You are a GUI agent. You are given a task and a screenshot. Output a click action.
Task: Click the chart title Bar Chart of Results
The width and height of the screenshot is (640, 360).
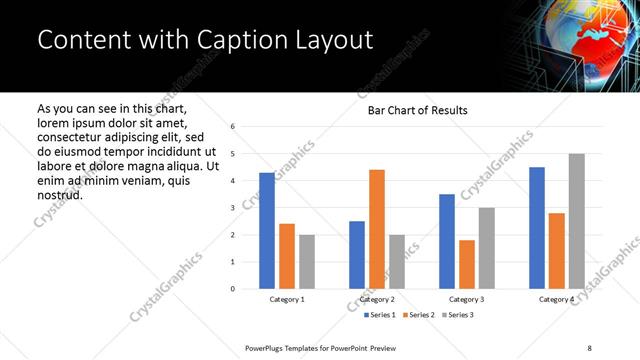(412, 110)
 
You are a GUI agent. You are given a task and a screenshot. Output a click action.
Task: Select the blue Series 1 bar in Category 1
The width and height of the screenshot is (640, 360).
(267, 231)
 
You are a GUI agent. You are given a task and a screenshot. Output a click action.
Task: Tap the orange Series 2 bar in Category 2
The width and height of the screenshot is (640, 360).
(376, 229)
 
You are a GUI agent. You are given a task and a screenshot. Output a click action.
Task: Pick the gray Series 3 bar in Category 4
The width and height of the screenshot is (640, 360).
(576, 221)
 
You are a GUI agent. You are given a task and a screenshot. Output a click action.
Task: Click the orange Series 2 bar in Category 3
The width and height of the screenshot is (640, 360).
(466, 264)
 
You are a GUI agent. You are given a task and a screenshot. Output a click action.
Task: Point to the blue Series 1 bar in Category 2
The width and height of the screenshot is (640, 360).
(357, 255)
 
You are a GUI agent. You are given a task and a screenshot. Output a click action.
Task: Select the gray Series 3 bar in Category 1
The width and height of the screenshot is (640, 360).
(306, 262)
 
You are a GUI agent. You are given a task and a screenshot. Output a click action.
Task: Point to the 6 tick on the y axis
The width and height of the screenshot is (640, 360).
(232, 127)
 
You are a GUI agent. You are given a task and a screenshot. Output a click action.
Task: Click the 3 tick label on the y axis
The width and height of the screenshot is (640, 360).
(232, 208)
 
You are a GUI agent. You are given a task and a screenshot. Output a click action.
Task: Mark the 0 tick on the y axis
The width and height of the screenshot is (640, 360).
(232, 289)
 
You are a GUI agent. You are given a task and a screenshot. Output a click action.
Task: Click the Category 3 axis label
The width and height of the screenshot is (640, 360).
(466, 300)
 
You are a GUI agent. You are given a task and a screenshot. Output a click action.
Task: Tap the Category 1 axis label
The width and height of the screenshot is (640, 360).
(287, 300)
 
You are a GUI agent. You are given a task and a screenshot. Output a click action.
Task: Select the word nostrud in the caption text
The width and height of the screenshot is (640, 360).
(59, 194)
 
